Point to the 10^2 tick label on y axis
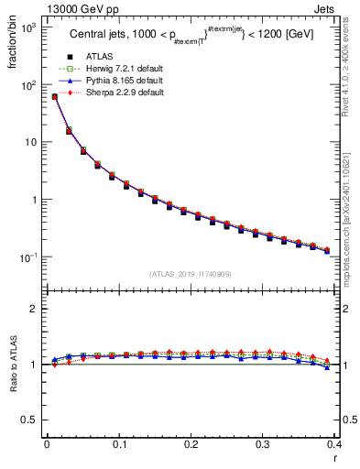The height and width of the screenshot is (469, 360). click(x=27, y=85)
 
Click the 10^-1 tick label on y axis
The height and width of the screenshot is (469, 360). click(x=27, y=257)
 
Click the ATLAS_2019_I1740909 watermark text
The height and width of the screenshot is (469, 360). click(x=191, y=274)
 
